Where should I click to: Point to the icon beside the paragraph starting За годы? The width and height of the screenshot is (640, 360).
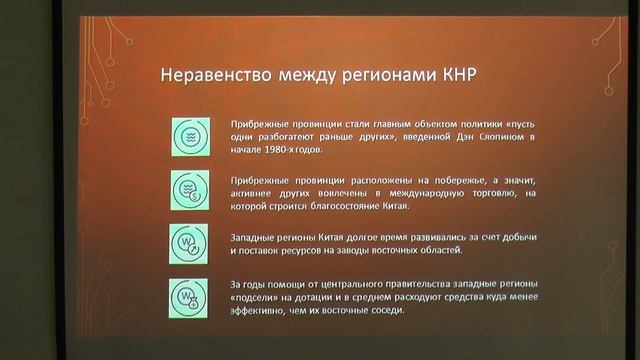(188, 296)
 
